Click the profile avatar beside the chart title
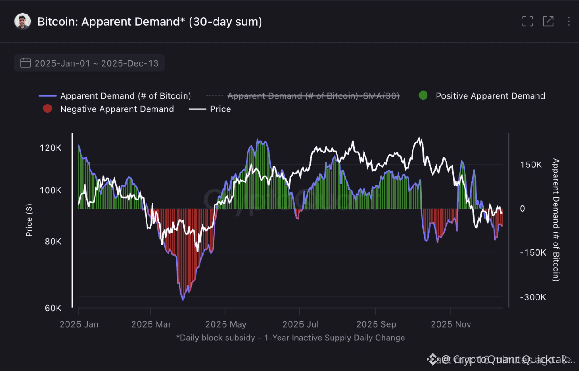point(23,21)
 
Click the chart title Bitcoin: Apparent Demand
point(149,21)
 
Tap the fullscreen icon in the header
point(527,21)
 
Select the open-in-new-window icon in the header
point(548,21)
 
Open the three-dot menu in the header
point(569,21)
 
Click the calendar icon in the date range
point(26,63)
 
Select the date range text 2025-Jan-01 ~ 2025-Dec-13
point(96,63)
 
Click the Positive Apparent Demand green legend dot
point(423,95)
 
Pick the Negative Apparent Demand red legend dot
point(47,109)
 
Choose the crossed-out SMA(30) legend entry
point(313,96)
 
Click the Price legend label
point(220,109)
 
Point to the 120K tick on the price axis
point(50,148)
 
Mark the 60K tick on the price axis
point(52,309)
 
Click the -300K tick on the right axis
point(532,297)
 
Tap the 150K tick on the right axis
point(531,165)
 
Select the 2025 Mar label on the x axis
point(151,324)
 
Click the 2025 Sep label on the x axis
point(376,324)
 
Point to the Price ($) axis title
point(29,220)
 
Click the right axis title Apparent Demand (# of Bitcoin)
point(556,220)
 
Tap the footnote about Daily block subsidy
point(290,338)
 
